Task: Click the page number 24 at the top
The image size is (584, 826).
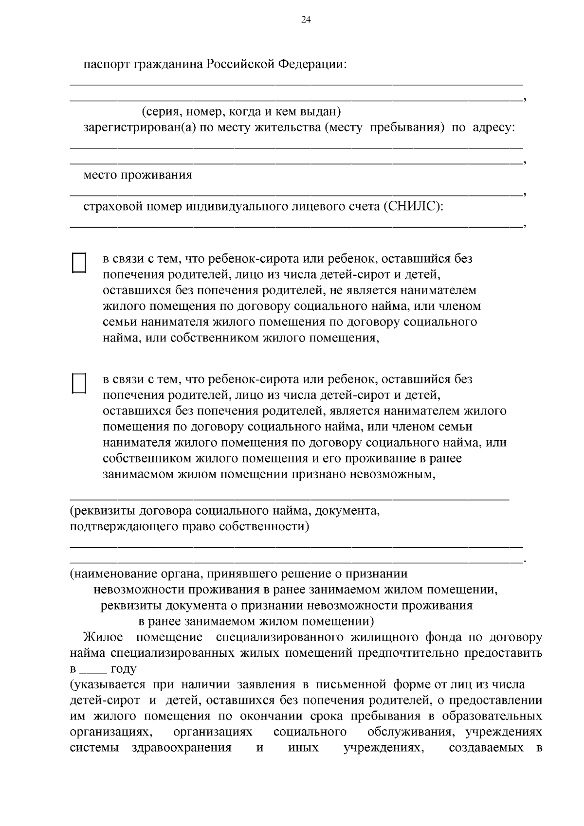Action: coord(306,20)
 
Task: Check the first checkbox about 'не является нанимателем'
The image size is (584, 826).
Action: coord(79,263)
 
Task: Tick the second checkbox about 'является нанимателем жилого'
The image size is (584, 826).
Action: coord(79,383)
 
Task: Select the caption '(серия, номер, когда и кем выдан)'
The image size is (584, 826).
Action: coord(241,112)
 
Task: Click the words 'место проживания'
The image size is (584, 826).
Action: coord(138,175)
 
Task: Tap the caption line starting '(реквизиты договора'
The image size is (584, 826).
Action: coord(224,511)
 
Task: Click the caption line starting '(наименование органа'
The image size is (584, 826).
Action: coord(238,574)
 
